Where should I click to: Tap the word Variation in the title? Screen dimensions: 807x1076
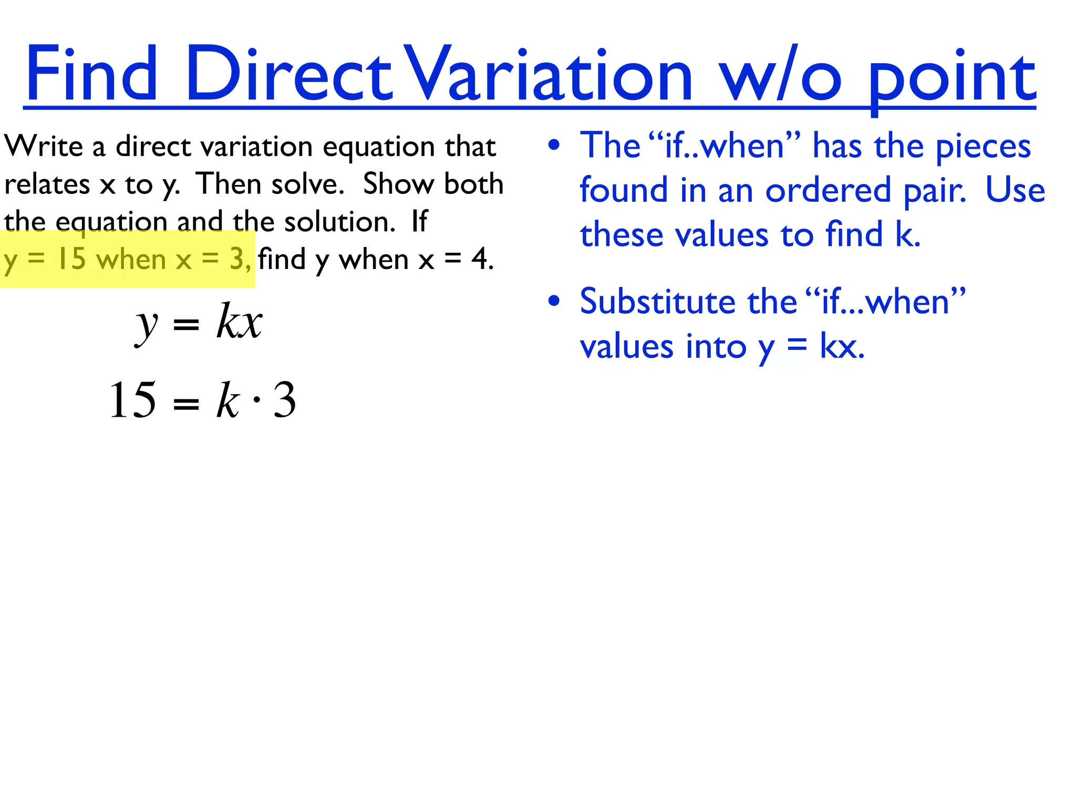[550, 74]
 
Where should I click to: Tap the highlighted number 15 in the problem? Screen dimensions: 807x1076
[71, 259]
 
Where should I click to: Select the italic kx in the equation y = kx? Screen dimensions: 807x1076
[239, 321]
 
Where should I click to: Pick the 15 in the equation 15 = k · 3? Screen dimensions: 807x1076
[132, 400]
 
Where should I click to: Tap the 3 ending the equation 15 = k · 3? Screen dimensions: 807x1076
[285, 400]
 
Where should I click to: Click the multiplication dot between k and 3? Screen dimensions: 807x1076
[256, 400]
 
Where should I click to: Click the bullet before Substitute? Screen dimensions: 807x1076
[554, 302]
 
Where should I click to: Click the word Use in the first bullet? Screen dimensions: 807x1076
[1015, 190]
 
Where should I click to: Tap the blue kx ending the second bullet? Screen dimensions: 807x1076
[841, 347]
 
